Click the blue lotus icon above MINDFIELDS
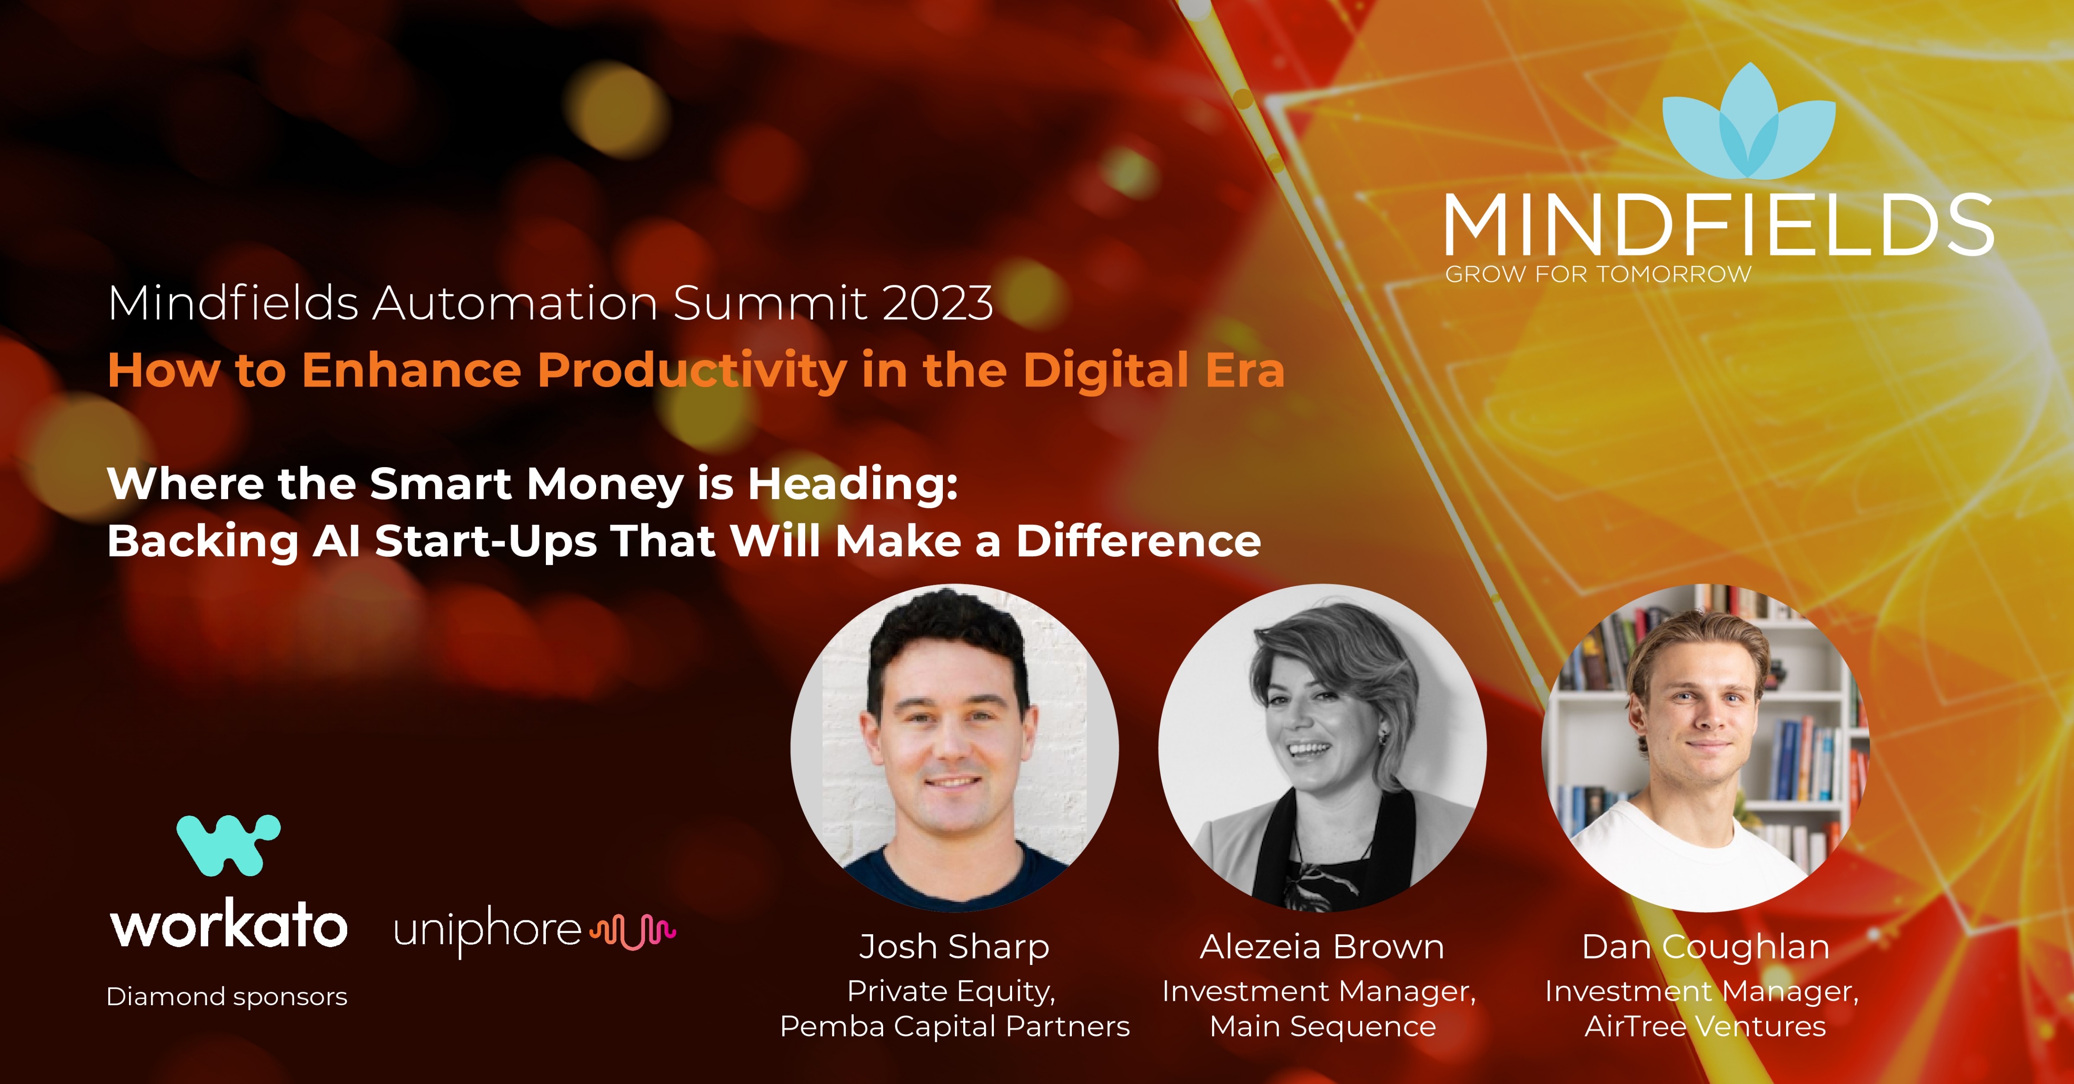pyautogui.click(x=1749, y=123)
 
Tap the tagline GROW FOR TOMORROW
pyautogui.click(x=1598, y=274)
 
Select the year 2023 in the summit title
pyautogui.click(x=937, y=303)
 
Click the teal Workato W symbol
pyautogui.click(x=229, y=845)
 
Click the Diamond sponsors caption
pyautogui.click(x=227, y=997)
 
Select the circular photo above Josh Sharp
pyautogui.click(x=954, y=747)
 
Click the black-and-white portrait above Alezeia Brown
pyautogui.click(x=1322, y=747)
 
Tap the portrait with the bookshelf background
pyautogui.click(x=1705, y=747)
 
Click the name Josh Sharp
pyautogui.click(x=954, y=947)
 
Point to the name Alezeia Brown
pyautogui.click(x=1322, y=947)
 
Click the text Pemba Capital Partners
pyautogui.click(x=955, y=1027)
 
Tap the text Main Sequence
pyautogui.click(x=1323, y=1027)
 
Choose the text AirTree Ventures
pyautogui.click(x=1705, y=1027)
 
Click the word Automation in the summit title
pyautogui.click(x=515, y=303)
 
